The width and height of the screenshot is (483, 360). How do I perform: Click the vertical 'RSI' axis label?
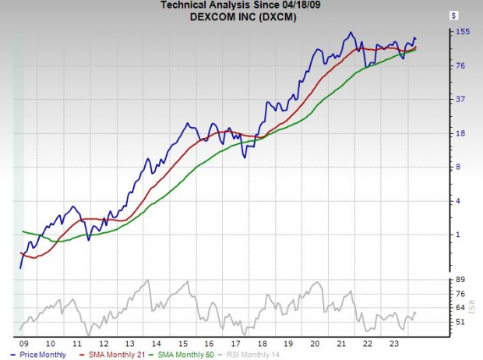tap(471, 300)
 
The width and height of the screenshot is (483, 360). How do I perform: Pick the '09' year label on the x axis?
tap(23, 343)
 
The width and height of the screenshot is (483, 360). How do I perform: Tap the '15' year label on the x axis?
tap(183, 343)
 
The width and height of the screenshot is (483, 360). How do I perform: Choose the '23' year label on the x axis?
tap(395, 343)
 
